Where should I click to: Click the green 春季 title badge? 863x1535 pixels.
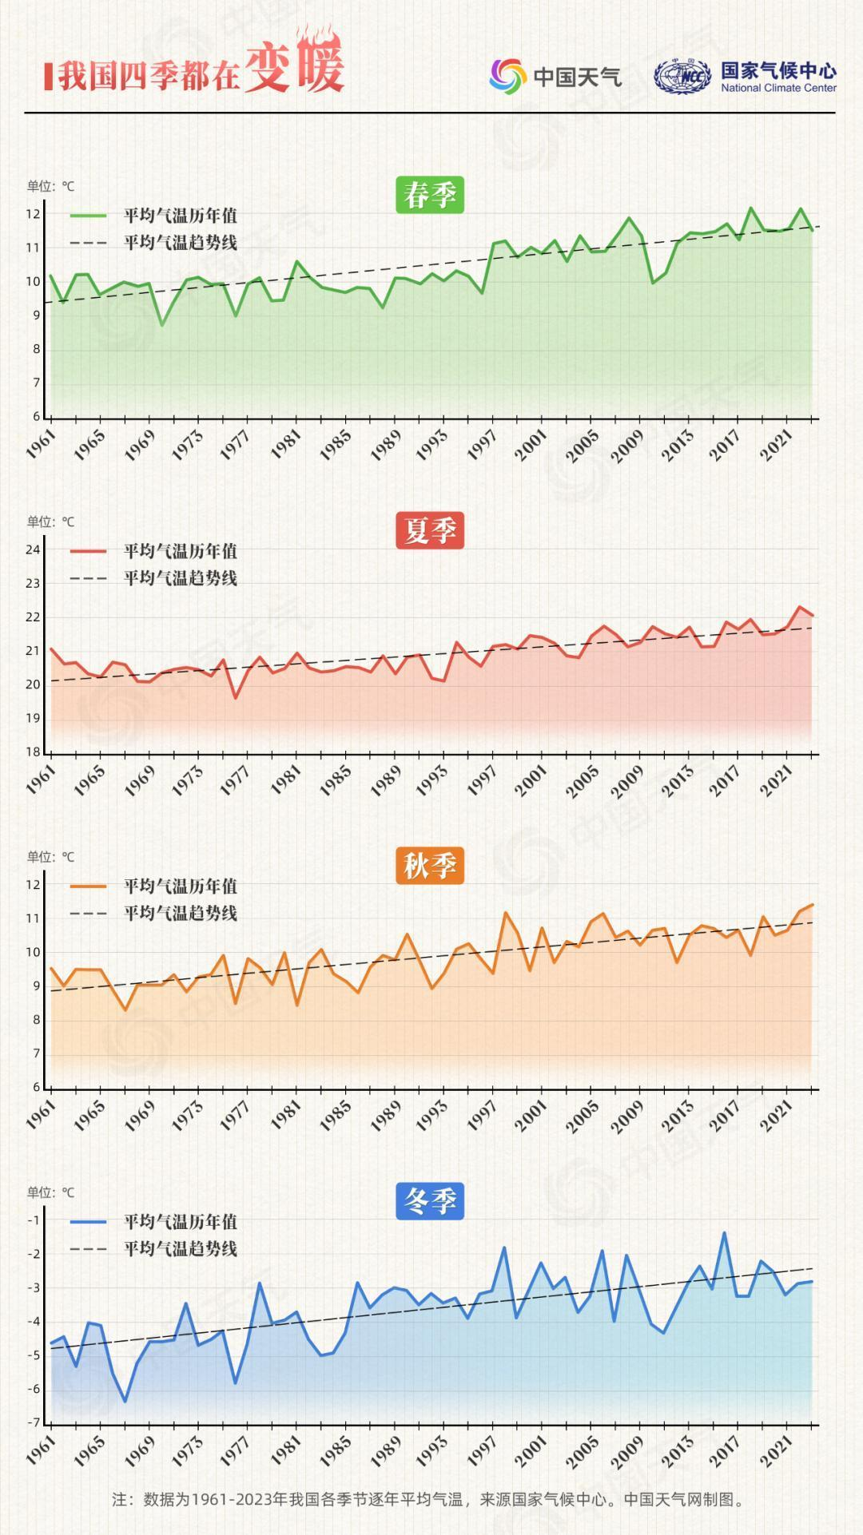click(x=430, y=196)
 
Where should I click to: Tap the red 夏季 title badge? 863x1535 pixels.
click(x=430, y=531)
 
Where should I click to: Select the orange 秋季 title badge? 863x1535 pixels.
click(x=430, y=867)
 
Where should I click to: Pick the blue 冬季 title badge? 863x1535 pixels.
click(x=430, y=1202)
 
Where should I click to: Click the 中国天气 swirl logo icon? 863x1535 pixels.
click(x=507, y=76)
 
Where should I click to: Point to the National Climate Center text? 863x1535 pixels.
click(x=778, y=89)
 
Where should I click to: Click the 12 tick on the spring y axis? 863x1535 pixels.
click(x=33, y=214)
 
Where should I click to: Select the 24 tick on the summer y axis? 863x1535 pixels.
click(x=33, y=549)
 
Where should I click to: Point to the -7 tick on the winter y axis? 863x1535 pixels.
click(x=33, y=1422)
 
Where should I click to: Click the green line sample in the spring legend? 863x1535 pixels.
click(x=88, y=216)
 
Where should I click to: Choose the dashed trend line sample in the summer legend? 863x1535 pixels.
click(x=88, y=578)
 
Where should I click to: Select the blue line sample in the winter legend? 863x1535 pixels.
click(x=88, y=1222)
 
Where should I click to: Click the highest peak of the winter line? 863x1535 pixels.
click(x=725, y=1233)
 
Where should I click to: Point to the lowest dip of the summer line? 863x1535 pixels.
click(x=236, y=698)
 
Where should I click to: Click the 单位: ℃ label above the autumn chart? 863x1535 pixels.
click(x=50, y=857)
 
